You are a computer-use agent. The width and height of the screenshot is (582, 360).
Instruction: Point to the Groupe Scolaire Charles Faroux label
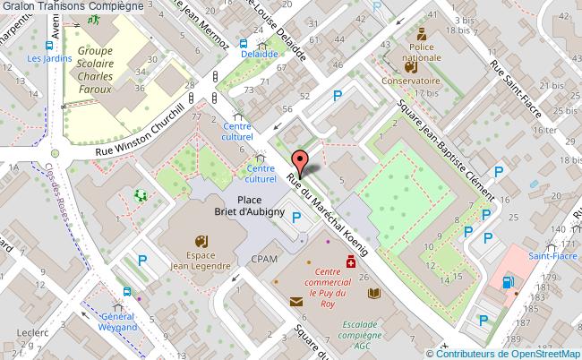pyautogui.click(x=99, y=70)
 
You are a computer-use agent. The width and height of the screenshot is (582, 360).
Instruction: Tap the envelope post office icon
pyautogui.click(x=296, y=302)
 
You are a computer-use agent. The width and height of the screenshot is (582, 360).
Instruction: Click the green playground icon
pyautogui.click(x=141, y=194)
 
